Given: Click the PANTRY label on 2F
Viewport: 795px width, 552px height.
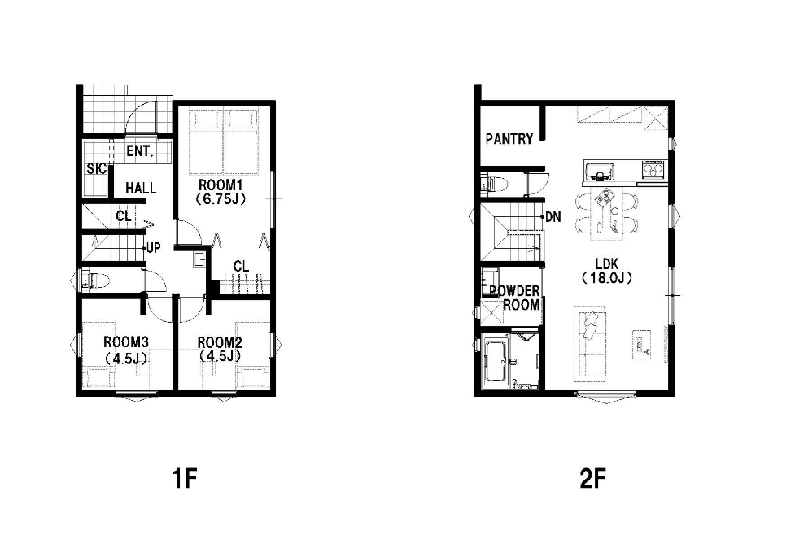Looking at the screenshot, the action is pyautogui.click(x=509, y=139).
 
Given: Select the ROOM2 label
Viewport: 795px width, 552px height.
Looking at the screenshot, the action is pyautogui.click(x=220, y=342).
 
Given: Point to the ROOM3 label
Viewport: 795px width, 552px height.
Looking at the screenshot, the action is pyautogui.click(x=126, y=341).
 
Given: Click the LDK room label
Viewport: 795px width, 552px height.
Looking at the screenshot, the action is pyautogui.click(x=607, y=264).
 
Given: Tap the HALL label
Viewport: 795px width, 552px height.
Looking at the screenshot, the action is pyautogui.click(x=141, y=189).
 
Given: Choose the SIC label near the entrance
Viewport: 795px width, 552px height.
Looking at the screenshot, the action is pyautogui.click(x=96, y=168).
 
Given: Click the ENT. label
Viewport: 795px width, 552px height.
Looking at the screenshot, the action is pyautogui.click(x=140, y=151).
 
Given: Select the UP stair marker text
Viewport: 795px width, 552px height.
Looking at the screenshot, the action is pyautogui.click(x=154, y=248).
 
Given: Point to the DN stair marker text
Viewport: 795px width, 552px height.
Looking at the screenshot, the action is pyautogui.click(x=553, y=217).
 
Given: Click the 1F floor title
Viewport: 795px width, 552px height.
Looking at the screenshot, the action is pyautogui.click(x=184, y=478).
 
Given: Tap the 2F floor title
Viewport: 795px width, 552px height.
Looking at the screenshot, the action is pyautogui.click(x=592, y=478).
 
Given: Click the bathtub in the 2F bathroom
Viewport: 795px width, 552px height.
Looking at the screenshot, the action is pyautogui.click(x=495, y=361).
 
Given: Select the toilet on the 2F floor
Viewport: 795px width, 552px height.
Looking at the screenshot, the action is pyautogui.click(x=494, y=184).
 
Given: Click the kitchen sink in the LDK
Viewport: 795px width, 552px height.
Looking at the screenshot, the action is pyautogui.click(x=599, y=172).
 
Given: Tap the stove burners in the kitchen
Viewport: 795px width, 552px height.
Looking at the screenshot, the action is pyautogui.click(x=653, y=169).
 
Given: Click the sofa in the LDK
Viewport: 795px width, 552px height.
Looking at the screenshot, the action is pyautogui.click(x=590, y=345).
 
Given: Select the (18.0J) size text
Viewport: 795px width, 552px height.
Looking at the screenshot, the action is pyautogui.click(x=607, y=278).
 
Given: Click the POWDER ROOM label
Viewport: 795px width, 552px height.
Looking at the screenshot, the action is pyautogui.click(x=515, y=298).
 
